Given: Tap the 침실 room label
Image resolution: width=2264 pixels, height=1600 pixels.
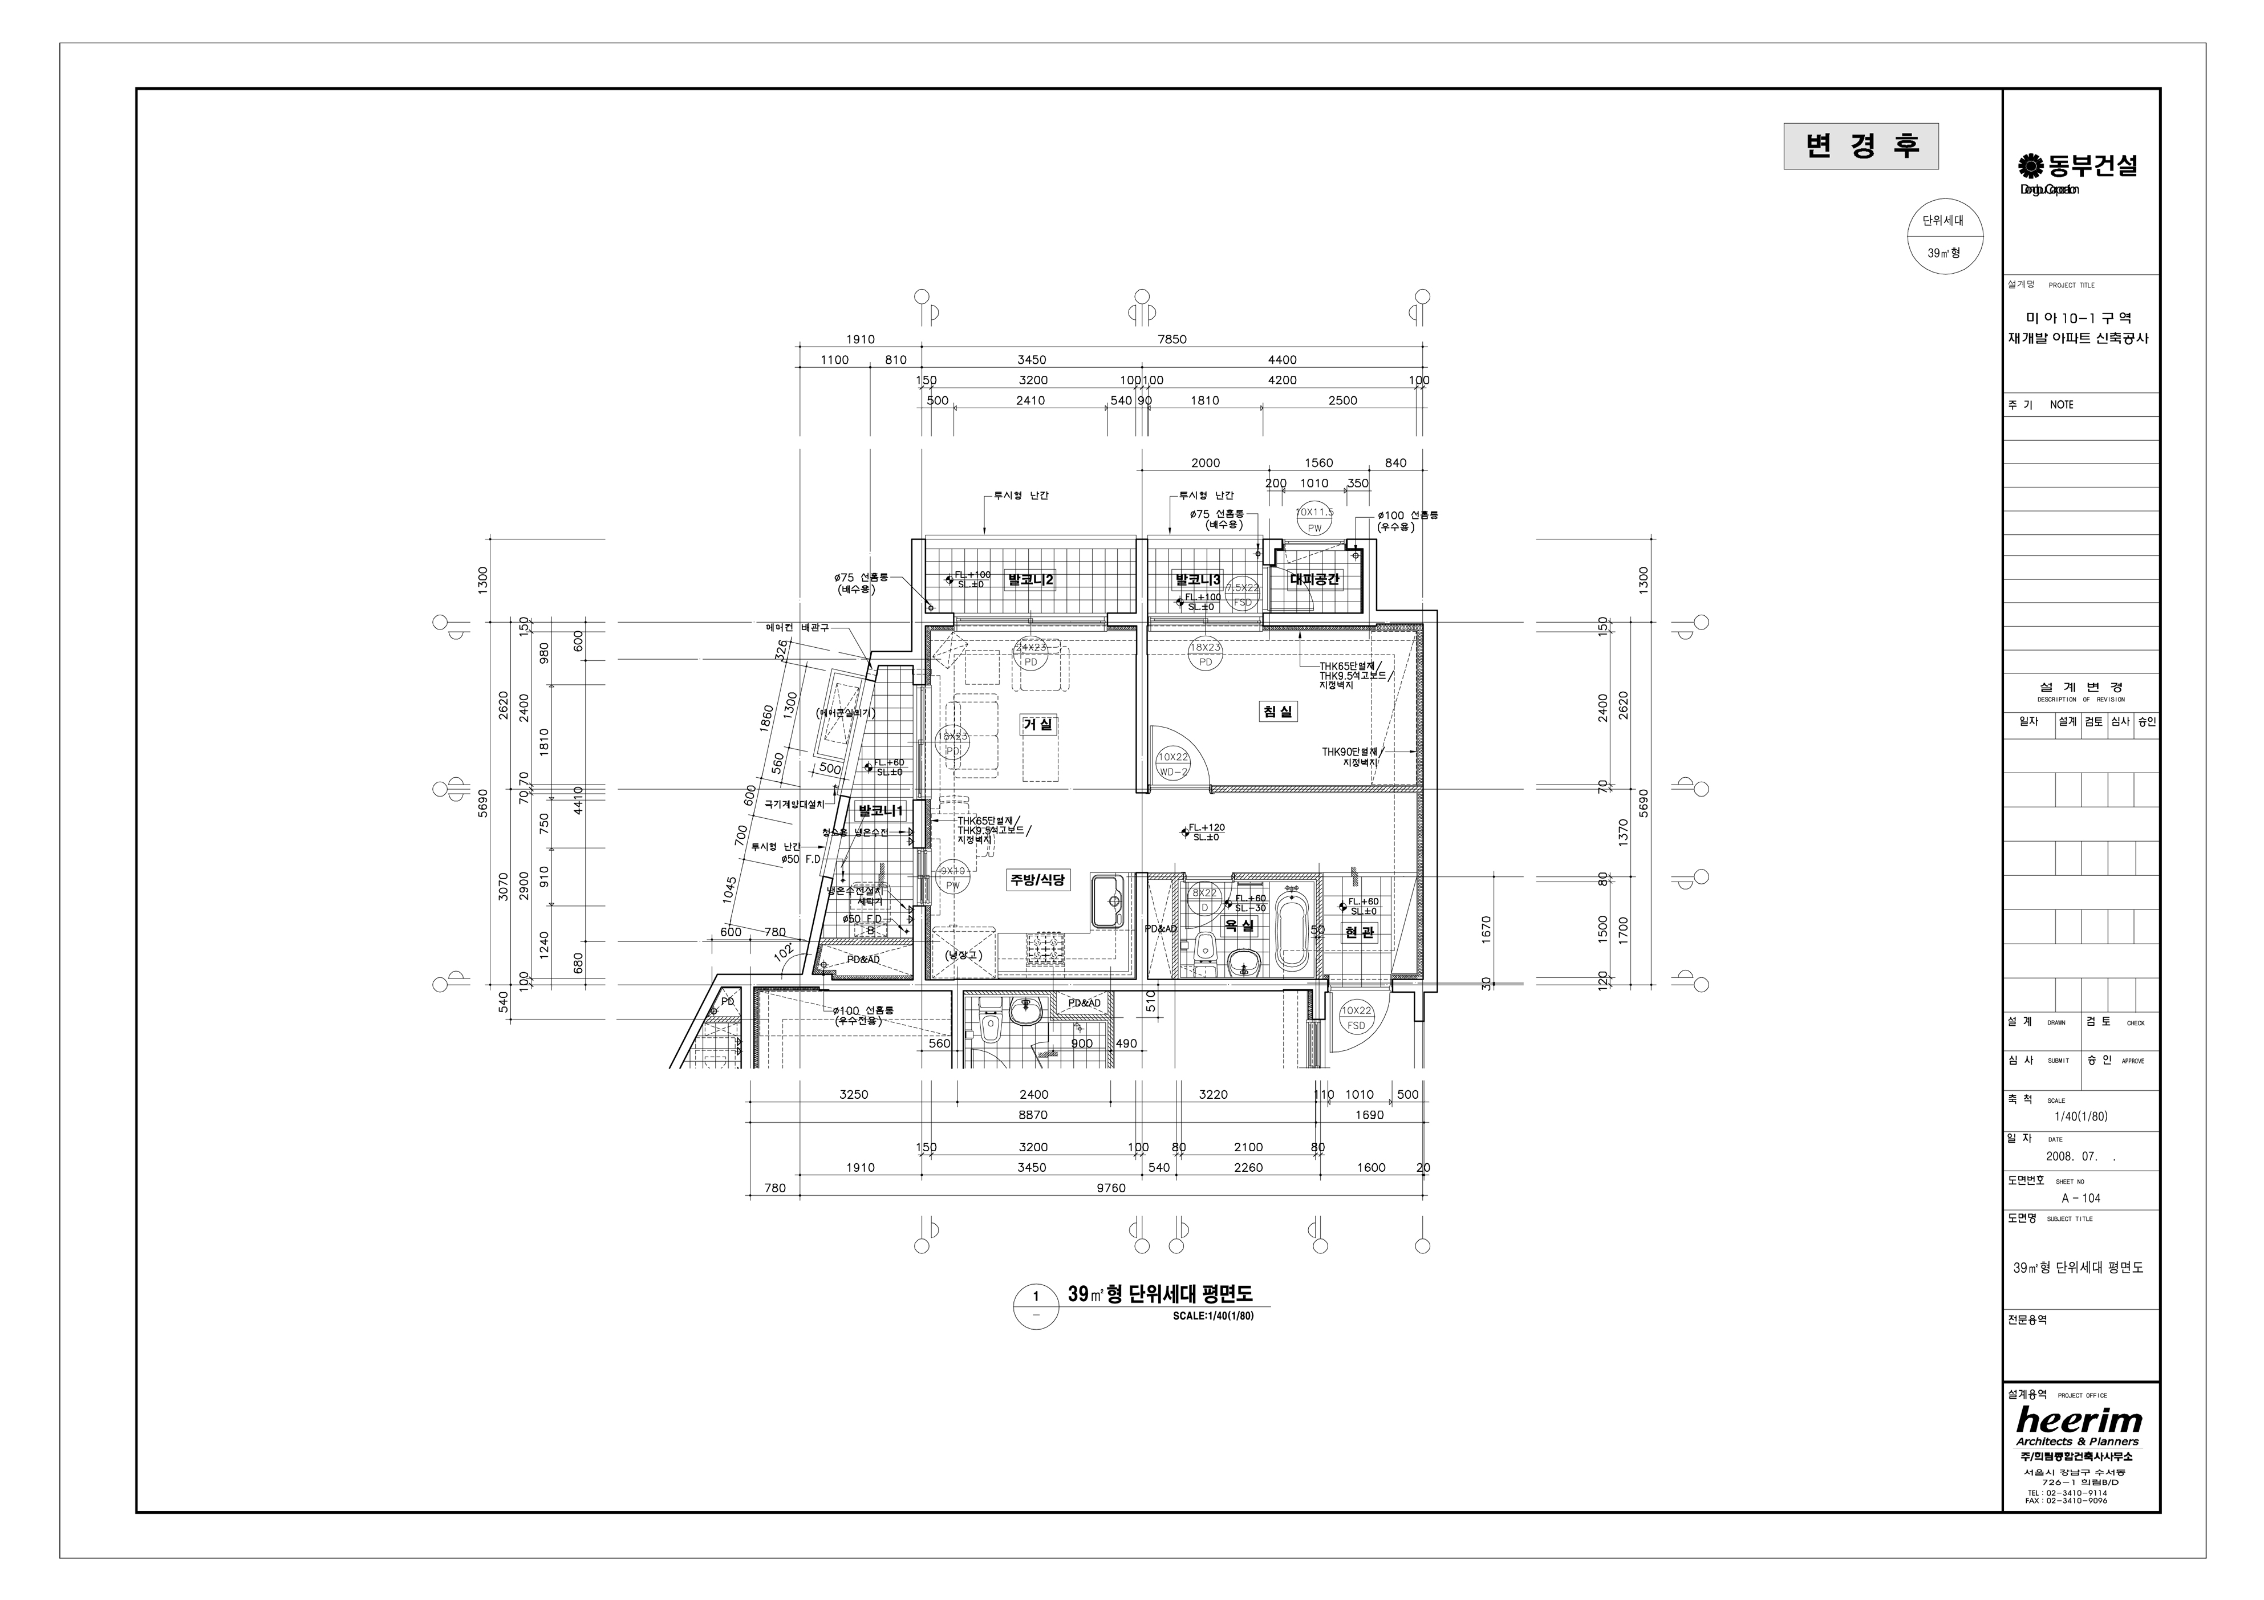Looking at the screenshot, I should click(x=1278, y=711).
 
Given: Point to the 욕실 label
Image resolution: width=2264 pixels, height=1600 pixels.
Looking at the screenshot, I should click(x=1239, y=927).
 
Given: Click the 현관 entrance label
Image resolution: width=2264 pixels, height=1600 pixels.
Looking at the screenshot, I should click(x=1359, y=932).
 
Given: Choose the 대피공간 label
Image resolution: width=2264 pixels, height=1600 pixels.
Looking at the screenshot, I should click(x=1314, y=580).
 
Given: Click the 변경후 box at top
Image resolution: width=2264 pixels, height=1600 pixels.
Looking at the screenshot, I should click(x=1861, y=146).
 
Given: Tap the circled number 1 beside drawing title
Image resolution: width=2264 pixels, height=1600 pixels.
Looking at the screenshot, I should click(x=1036, y=1296).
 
